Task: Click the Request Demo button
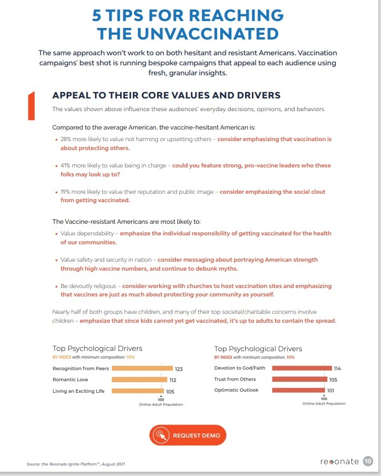(x=188, y=435)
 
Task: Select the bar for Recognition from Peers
(x=142, y=368)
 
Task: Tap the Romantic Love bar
(x=140, y=380)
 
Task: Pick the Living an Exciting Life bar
(x=138, y=391)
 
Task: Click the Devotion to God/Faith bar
(x=302, y=368)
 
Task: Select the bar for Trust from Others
(x=299, y=379)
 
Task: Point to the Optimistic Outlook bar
(x=298, y=390)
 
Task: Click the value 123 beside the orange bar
(x=179, y=369)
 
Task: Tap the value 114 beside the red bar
(x=337, y=368)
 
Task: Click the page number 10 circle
(x=368, y=461)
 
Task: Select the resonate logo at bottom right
(x=339, y=461)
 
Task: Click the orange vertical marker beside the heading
(x=31, y=106)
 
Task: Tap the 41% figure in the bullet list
(x=65, y=165)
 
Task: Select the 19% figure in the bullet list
(x=65, y=192)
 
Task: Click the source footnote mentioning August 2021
(x=76, y=464)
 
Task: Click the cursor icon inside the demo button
(x=161, y=435)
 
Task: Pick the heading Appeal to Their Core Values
(x=166, y=95)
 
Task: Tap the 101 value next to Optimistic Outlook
(x=330, y=390)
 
